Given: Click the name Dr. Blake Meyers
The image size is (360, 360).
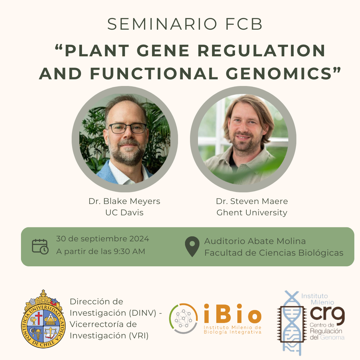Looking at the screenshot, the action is tap(124, 201).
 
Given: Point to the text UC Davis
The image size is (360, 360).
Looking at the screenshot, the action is tap(124, 212).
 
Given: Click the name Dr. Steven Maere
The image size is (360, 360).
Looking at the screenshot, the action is tap(252, 201).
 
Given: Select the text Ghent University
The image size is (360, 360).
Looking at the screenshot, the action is tap(252, 213).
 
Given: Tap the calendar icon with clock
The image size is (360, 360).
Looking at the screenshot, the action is tap(40, 247).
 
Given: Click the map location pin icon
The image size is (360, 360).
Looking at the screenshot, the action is tap(192, 246).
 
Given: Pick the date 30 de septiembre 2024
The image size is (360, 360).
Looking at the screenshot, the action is tap(103, 239).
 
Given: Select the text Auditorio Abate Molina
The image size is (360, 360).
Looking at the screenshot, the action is tap(255, 241).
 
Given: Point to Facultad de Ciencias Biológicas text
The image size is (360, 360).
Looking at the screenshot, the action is tap(274, 253).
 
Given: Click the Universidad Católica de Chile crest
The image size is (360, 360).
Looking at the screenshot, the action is tap(43, 319).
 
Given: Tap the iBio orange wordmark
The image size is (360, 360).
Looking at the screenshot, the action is tap(233, 313).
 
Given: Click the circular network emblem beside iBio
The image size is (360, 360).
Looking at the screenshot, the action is tap(183, 318).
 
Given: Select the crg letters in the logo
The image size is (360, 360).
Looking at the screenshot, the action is tap(327, 313).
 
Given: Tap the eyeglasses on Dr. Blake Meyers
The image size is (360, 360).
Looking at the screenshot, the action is tap(127, 128).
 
